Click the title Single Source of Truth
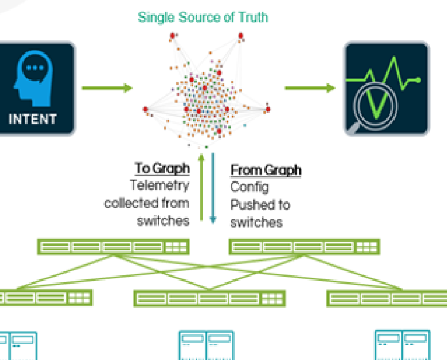[x=202, y=17]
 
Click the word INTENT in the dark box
[x=33, y=119]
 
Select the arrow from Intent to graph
[x=107, y=89]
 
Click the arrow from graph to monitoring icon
[x=309, y=89]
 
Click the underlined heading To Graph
[x=161, y=168]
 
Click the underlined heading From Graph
[x=265, y=170]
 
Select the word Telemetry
[x=160, y=185]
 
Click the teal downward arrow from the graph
[x=213, y=190]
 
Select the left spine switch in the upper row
[x=113, y=247]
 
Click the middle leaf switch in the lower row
[x=209, y=298]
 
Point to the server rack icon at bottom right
[x=402, y=345]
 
